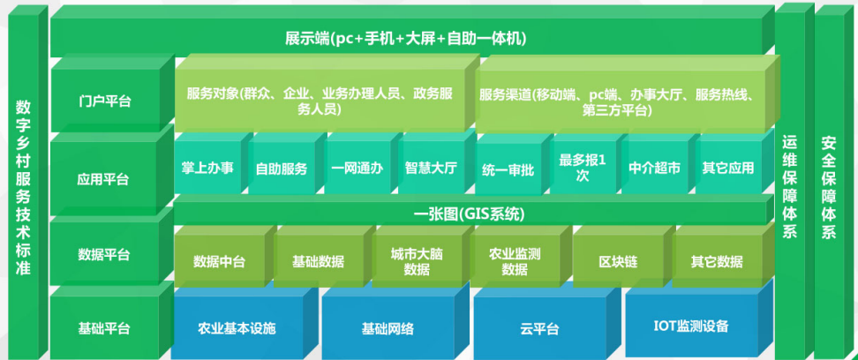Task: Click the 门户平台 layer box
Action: (104, 101)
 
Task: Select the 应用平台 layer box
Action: (104, 179)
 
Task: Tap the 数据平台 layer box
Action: (104, 255)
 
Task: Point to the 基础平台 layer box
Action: (104, 328)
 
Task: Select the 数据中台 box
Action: (220, 262)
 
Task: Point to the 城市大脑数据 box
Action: (417, 261)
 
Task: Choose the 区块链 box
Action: (613, 262)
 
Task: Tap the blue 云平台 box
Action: (539, 329)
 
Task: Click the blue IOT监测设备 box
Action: (691, 326)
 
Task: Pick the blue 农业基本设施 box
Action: (237, 328)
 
